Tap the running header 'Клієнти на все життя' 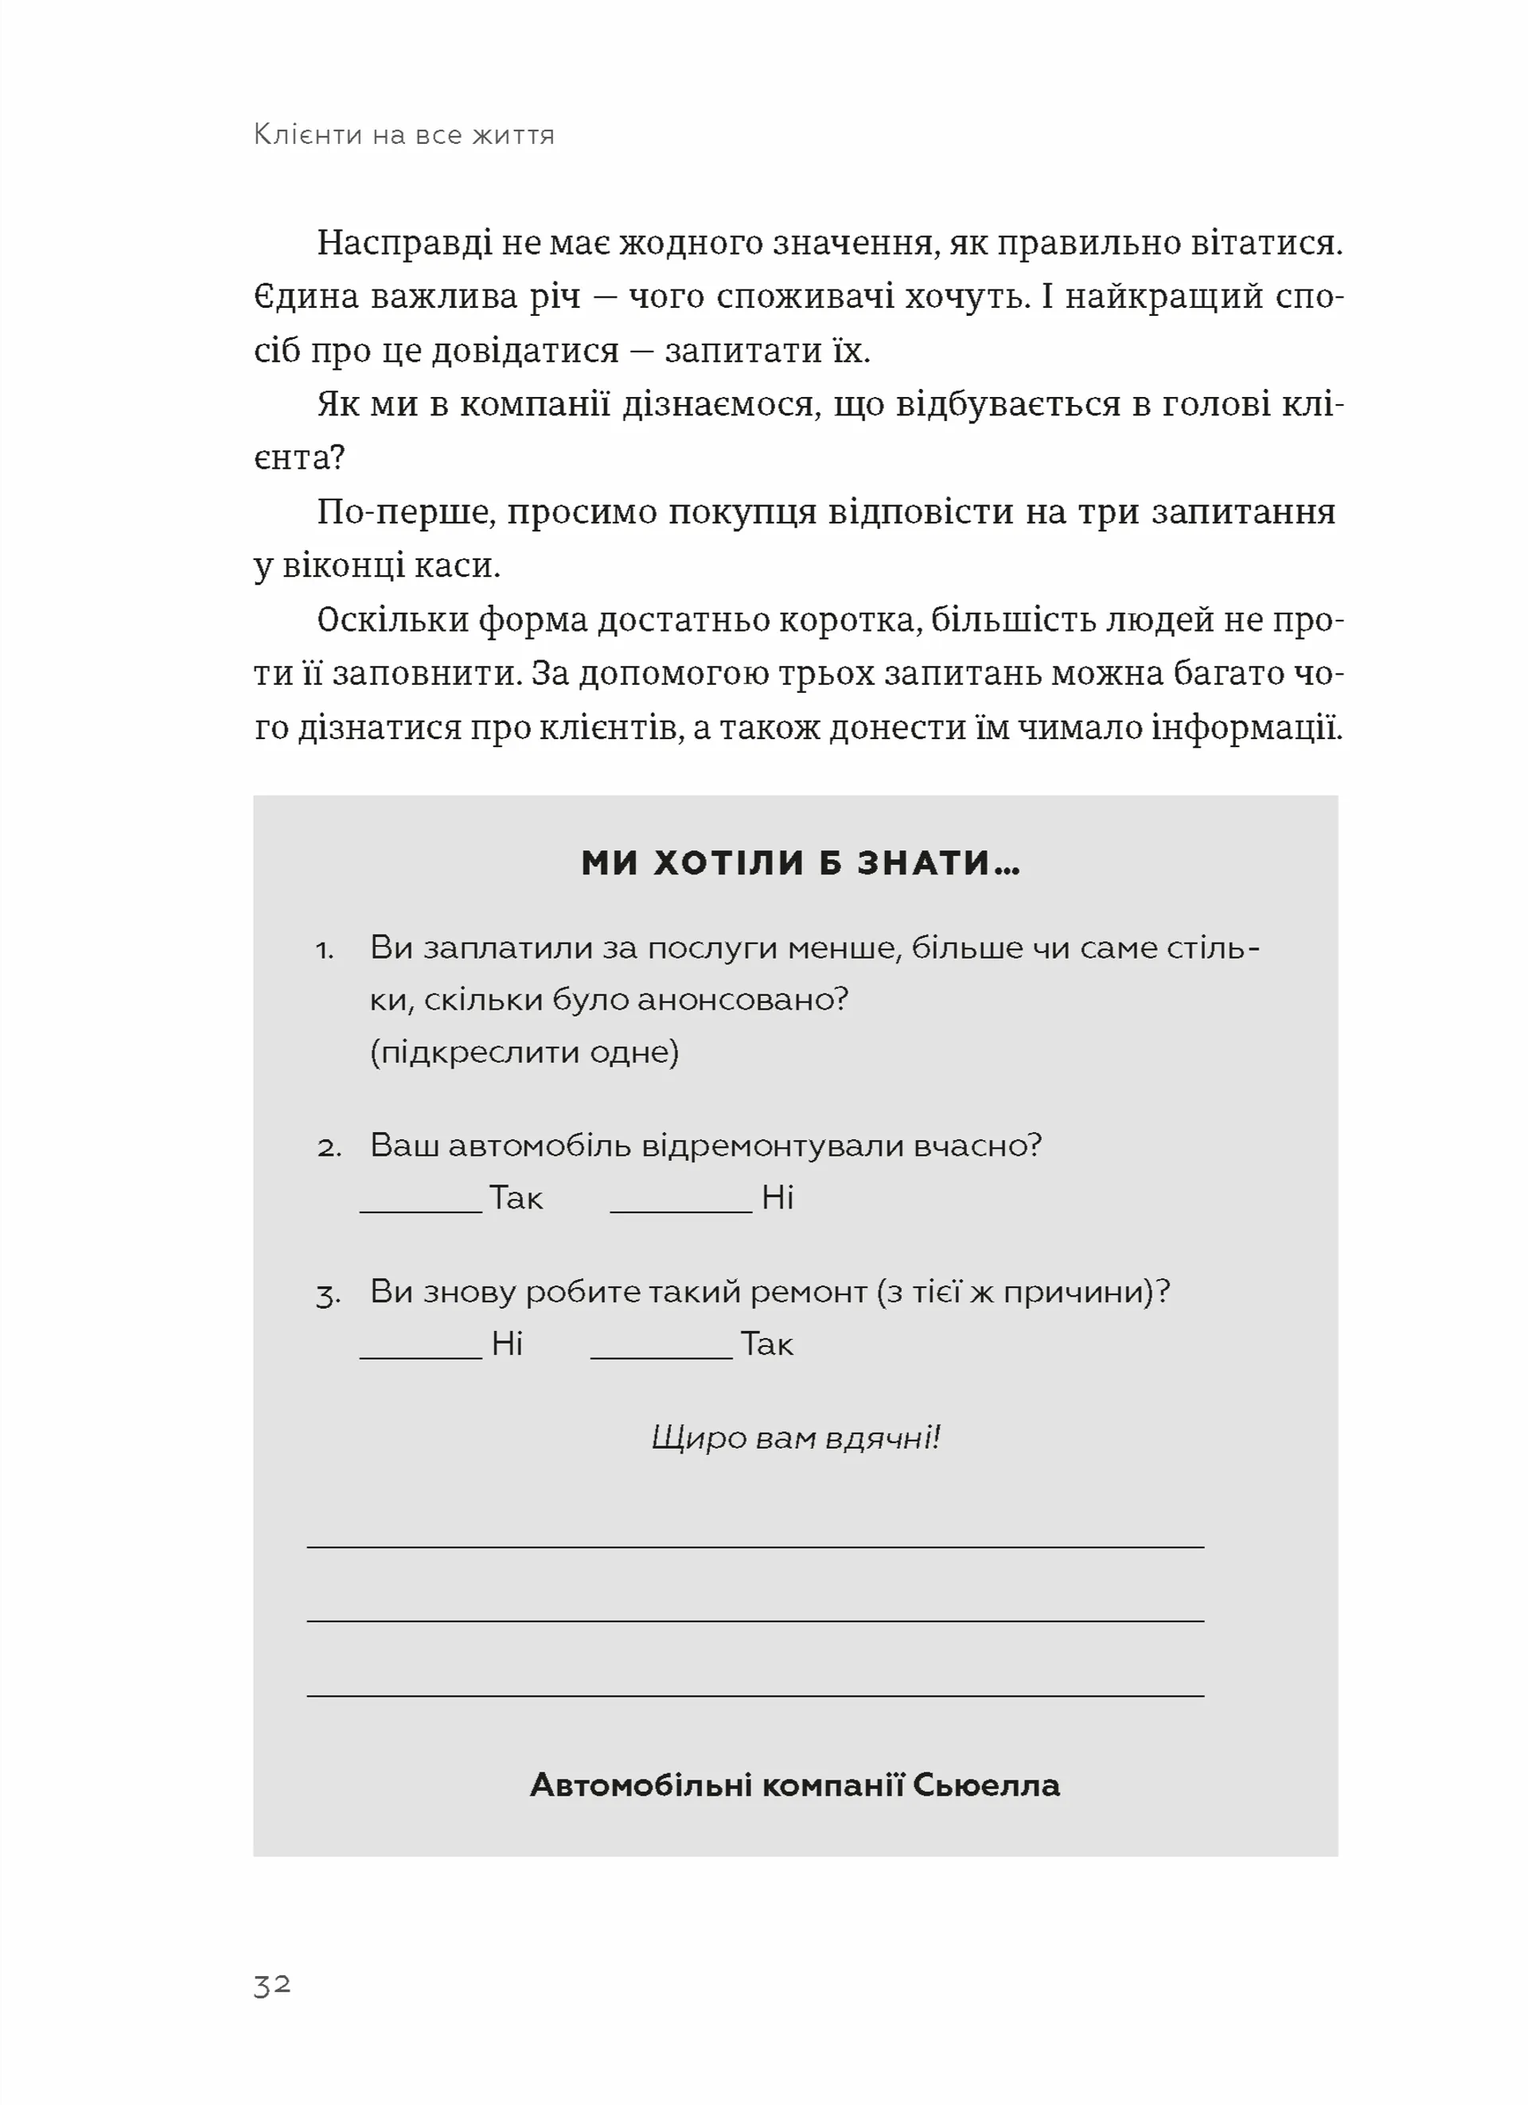[x=403, y=135]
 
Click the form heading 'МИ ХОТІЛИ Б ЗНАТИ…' [x=799, y=863]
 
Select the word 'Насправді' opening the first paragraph [x=403, y=243]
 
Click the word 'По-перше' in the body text [x=403, y=512]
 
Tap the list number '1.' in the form [x=325, y=951]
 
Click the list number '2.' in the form [x=329, y=1148]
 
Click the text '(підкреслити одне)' [x=524, y=1052]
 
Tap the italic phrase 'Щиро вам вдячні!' [x=796, y=1438]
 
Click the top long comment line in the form [x=754, y=1547]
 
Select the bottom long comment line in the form [x=754, y=1696]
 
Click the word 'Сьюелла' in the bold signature [x=986, y=1785]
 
